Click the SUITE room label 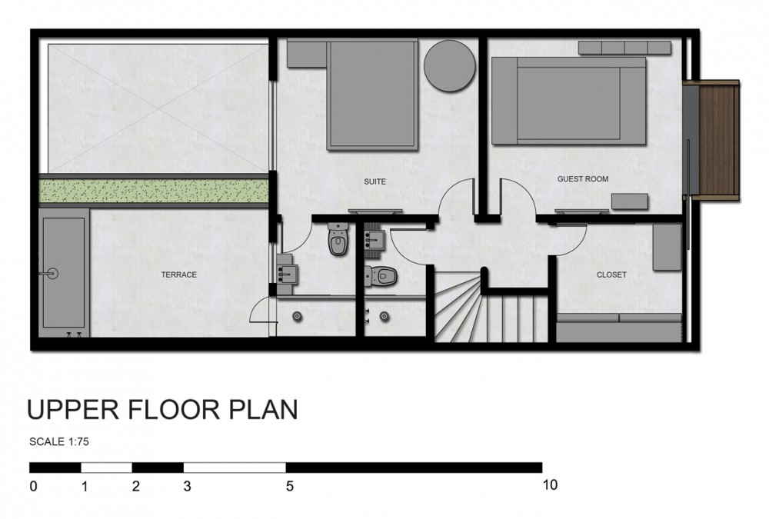[375, 181]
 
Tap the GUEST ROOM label [583, 179]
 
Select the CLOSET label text [611, 274]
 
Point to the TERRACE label [179, 274]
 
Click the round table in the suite [449, 66]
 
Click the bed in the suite [373, 95]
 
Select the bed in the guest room [569, 101]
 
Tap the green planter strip [154, 191]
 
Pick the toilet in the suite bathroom [338, 239]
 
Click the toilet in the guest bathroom [381, 275]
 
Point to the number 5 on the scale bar [290, 486]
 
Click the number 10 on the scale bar [550, 485]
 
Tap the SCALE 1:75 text [59, 441]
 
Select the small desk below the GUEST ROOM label [630, 201]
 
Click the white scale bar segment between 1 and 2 [106, 467]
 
